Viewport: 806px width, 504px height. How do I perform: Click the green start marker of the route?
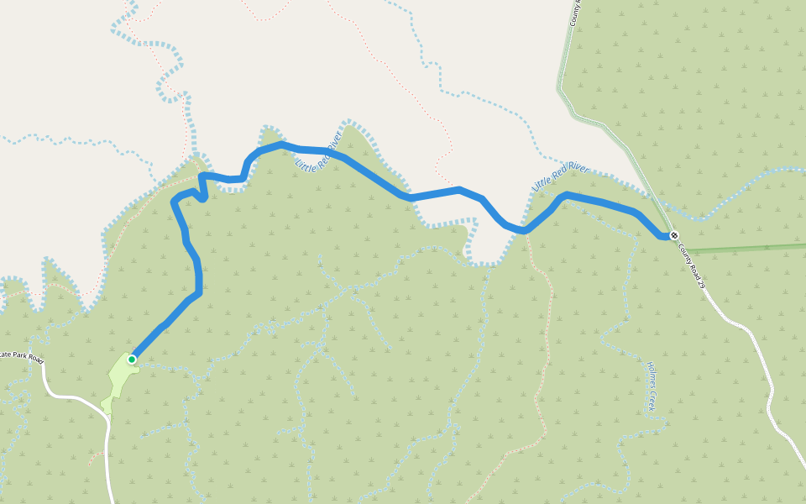click(x=132, y=360)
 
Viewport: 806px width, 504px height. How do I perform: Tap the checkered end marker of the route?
click(x=673, y=235)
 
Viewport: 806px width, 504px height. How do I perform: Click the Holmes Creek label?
click(x=652, y=386)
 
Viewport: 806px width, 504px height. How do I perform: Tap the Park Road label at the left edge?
click(x=21, y=356)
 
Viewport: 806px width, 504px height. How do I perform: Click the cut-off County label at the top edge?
click(x=575, y=11)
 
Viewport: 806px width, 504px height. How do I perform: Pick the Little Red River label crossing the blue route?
click(x=319, y=151)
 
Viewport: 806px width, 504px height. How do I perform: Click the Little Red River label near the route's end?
click(x=561, y=176)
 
